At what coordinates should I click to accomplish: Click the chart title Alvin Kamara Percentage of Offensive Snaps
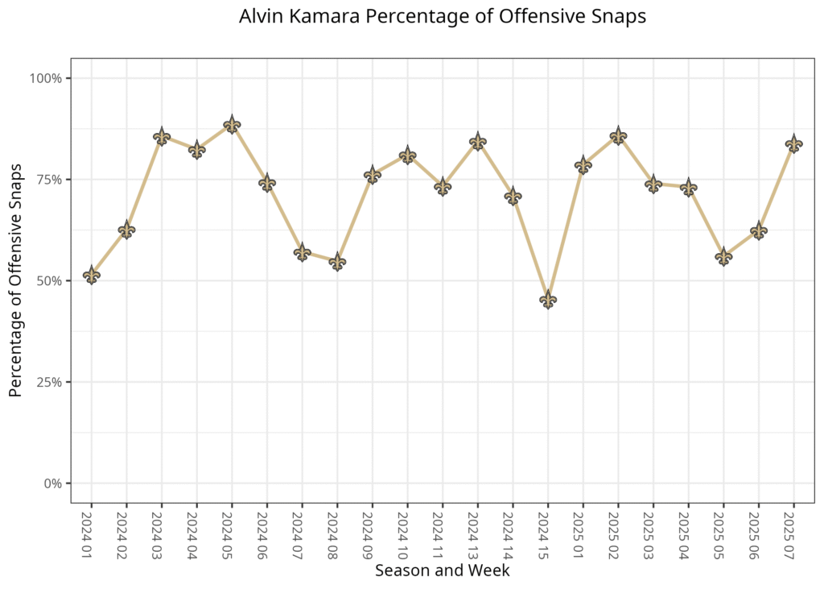(x=442, y=17)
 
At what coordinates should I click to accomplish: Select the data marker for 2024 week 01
(x=92, y=275)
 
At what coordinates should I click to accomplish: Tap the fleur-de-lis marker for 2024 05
(x=232, y=124)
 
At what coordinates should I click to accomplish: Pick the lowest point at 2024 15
(x=548, y=300)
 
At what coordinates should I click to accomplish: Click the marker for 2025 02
(x=618, y=135)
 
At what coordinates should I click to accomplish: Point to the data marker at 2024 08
(x=337, y=262)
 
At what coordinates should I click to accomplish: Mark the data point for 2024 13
(x=478, y=142)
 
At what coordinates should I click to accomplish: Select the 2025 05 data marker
(x=723, y=256)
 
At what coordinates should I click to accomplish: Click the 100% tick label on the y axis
(x=47, y=78)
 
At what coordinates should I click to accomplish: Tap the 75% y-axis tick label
(x=50, y=180)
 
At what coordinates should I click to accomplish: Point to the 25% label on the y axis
(x=50, y=382)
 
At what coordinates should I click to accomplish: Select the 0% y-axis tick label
(x=53, y=483)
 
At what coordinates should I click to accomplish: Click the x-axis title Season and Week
(x=442, y=570)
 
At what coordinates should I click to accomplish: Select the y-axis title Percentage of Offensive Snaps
(x=15, y=280)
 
